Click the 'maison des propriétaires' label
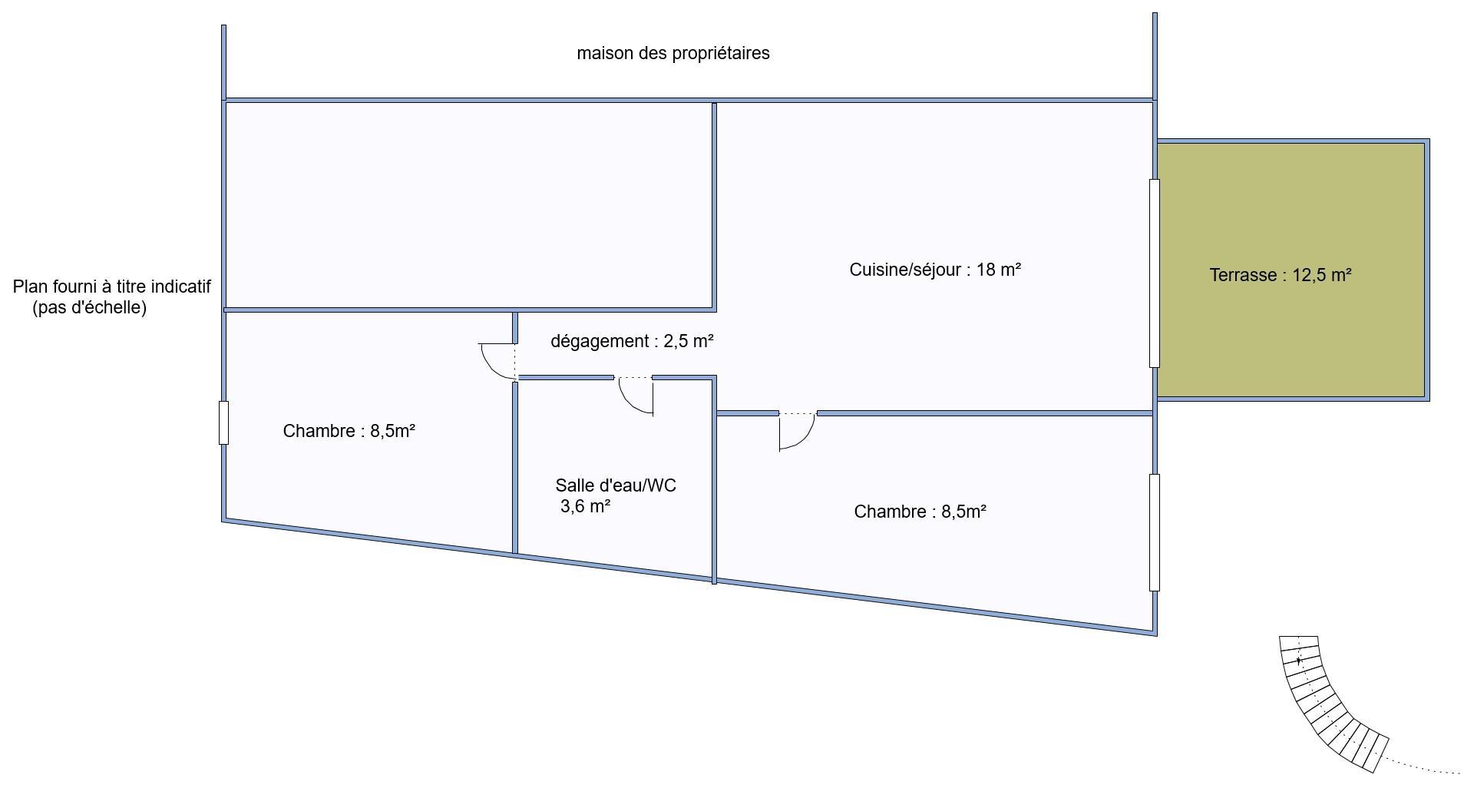(x=673, y=54)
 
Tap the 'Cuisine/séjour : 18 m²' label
(x=935, y=270)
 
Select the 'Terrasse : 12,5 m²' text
(x=1281, y=275)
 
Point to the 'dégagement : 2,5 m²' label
(x=632, y=342)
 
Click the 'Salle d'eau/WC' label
(x=616, y=485)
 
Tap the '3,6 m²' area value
(x=586, y=506)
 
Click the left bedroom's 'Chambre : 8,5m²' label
(x=349, y=431)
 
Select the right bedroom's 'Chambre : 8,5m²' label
(x=920, y=512)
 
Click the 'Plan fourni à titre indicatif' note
(x=112, y=287)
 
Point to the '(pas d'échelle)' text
(x=90, y=308)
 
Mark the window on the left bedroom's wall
(x=223, y=422)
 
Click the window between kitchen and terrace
(x=1154, y=273)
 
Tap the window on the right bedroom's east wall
(x=1154, y=532)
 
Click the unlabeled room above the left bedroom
(x=470, y=206)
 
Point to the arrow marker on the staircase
(x=1298, y=661)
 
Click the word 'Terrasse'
(x=1241, y=275)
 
